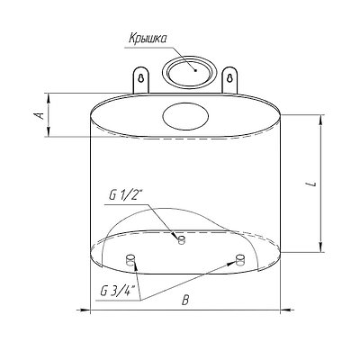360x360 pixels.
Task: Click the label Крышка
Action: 148,39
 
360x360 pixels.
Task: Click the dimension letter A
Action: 40,115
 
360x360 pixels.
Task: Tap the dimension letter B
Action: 185,301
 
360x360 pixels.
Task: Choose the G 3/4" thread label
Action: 118,291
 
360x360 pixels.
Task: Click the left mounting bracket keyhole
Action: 141,77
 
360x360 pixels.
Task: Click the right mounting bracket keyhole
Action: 229,77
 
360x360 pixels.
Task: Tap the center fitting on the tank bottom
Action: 182,239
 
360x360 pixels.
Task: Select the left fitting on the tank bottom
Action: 130,259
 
